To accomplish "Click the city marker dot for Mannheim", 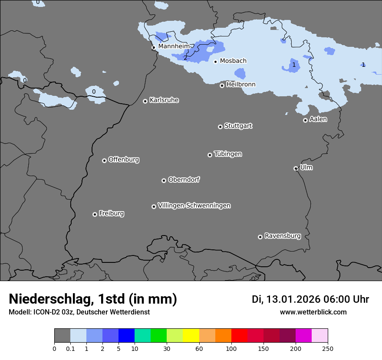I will [x=154, y=48].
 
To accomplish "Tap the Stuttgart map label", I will [x=238, y=126].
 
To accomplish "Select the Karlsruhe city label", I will [x=164, y=100].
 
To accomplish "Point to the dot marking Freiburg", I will [x=95, y=214].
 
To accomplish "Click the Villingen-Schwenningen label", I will [x=194, y=206].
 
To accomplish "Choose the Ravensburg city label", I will [x=283, y=236].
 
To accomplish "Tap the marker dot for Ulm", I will [x=296, y=168].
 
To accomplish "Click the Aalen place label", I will [x=318, y=119].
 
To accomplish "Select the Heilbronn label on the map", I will [x=241, y=85].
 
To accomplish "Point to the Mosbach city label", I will [x=233, y=61].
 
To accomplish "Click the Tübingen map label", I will [x=228, y=154].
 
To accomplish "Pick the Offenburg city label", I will [x=124, y=160].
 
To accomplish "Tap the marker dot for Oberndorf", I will [x=164, y=180].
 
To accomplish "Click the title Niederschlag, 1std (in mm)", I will [x=93, y=299].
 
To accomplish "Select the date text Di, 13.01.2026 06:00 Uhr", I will [x=310, y=299].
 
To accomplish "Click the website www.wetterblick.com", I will [x=313, y=312].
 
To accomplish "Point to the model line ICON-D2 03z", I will [x=79, y=312].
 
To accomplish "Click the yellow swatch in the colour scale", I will [x=191, y=336].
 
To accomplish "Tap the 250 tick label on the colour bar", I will [x=328, y=348].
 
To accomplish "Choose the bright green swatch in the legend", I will [x=158, y=336].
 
